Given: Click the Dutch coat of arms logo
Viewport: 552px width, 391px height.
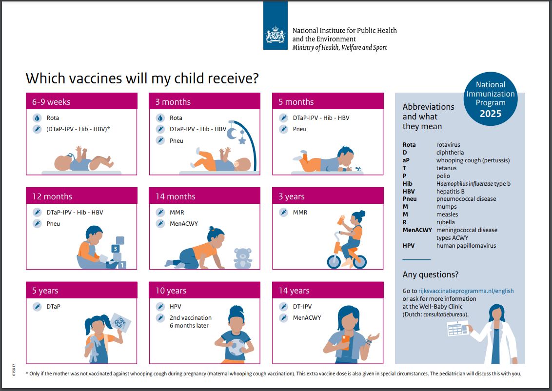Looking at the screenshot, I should (276, 35).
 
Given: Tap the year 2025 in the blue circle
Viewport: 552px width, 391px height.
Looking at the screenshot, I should (490, 114).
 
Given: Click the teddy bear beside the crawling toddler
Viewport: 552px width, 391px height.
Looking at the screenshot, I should (243, 258).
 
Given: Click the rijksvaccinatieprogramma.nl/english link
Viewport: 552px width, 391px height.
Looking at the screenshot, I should (466, 291).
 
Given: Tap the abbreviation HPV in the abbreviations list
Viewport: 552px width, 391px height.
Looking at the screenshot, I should (409, 246).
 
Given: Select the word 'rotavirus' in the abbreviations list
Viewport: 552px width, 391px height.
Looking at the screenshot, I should (448, 145).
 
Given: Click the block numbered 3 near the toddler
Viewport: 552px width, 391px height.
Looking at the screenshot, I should (116, 248).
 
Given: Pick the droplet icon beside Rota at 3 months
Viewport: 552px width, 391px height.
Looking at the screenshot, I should (160, 118).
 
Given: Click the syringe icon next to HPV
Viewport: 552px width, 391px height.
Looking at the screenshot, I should (160, 307).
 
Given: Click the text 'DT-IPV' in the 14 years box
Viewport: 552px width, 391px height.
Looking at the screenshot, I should (302, 307).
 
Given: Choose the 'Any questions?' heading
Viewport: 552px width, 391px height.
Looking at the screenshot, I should (430, 274).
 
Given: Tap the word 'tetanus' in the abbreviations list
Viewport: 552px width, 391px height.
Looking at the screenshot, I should (447, 168).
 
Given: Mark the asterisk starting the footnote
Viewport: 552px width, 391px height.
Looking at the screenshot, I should (27, 374).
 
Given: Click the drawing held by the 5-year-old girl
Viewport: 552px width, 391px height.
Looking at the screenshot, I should (120, 322).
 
